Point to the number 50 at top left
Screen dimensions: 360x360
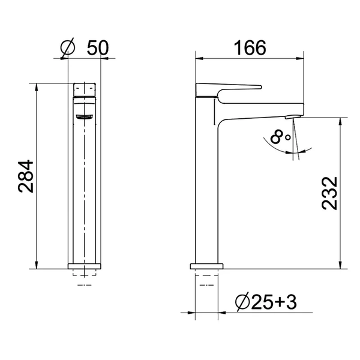pos(96,48)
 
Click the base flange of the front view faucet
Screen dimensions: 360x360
pos(84,264)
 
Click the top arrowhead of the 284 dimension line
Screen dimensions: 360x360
pos(38,85)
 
